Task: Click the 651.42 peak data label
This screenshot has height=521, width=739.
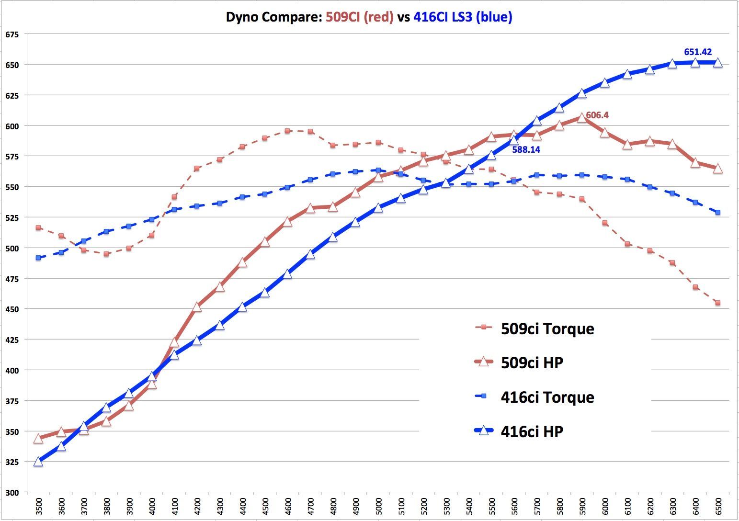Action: [x=698, y=52]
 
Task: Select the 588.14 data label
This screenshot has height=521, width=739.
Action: [x=526, y=149]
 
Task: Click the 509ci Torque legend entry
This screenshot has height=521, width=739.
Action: [x=547, y=328]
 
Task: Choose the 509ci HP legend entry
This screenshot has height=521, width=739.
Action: [x=532, y=362]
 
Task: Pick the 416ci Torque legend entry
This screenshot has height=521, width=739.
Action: [x=547, y=397]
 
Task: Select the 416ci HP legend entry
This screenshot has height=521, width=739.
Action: [x=532, y=431]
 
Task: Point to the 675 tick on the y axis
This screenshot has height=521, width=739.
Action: [x=12, y=34]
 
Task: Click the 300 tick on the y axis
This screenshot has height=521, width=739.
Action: [x=12, y=492]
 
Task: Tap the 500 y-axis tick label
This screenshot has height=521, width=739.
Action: [x=12, y=248]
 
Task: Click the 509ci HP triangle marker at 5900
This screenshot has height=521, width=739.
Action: [x=581, y=118]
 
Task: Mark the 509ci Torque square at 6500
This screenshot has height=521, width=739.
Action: [x=717, y=303]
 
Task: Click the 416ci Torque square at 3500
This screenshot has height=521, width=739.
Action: [x=38, y=258]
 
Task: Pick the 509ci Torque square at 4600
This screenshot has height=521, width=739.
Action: [x=287, y=131]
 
